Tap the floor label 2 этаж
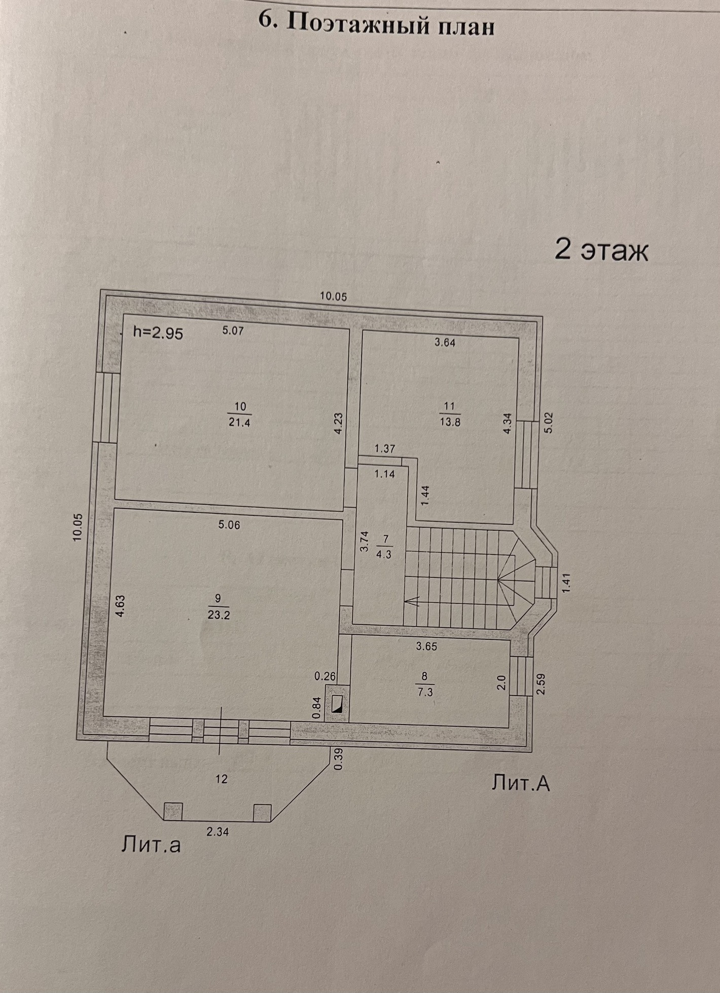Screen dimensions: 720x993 coord(601,250)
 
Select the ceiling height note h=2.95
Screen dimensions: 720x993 coord(158,333)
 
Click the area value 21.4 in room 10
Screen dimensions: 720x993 coord(239,422)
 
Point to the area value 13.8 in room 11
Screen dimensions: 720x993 coord(450,422)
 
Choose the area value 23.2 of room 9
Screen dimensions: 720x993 coord(219,615)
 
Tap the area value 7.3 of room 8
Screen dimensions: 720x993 coord(425,692)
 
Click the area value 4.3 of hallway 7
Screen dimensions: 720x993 coord(384,554)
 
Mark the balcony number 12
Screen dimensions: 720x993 coord(221,779)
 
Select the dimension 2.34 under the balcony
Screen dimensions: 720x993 coord(217,831)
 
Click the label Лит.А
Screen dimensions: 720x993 coord(520,783)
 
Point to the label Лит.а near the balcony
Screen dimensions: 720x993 coord(151,845)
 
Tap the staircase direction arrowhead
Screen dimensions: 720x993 coord(412,601)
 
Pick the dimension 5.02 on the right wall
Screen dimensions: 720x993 coord(549,423)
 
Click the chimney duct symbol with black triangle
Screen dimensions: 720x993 coord(337,704)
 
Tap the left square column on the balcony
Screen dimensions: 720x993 coord(173,811)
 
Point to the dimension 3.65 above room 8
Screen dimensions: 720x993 coord(426,646)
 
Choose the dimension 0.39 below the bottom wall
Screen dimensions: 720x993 coord(339,760)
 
